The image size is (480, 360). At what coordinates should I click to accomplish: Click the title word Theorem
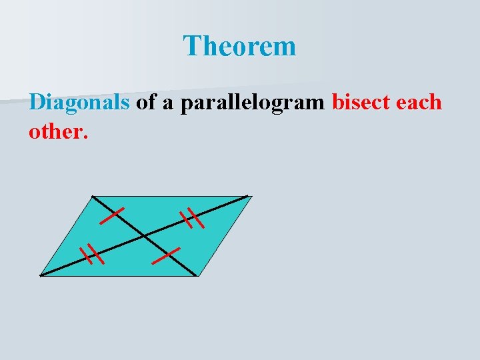(239, 47)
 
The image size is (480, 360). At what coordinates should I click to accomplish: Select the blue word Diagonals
(79, 102)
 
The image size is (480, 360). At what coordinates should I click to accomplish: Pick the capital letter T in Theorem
(193, 47)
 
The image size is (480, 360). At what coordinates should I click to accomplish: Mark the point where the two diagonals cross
(145, 235)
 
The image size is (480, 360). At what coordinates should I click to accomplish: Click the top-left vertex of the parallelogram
(92, 196)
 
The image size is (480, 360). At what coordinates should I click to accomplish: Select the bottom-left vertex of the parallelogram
(41, 275)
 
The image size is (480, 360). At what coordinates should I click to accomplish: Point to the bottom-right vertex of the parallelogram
(197, 275)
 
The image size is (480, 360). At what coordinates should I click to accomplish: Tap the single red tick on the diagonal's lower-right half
(166, 255)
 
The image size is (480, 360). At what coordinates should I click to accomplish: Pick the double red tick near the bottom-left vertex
(91, 255)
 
